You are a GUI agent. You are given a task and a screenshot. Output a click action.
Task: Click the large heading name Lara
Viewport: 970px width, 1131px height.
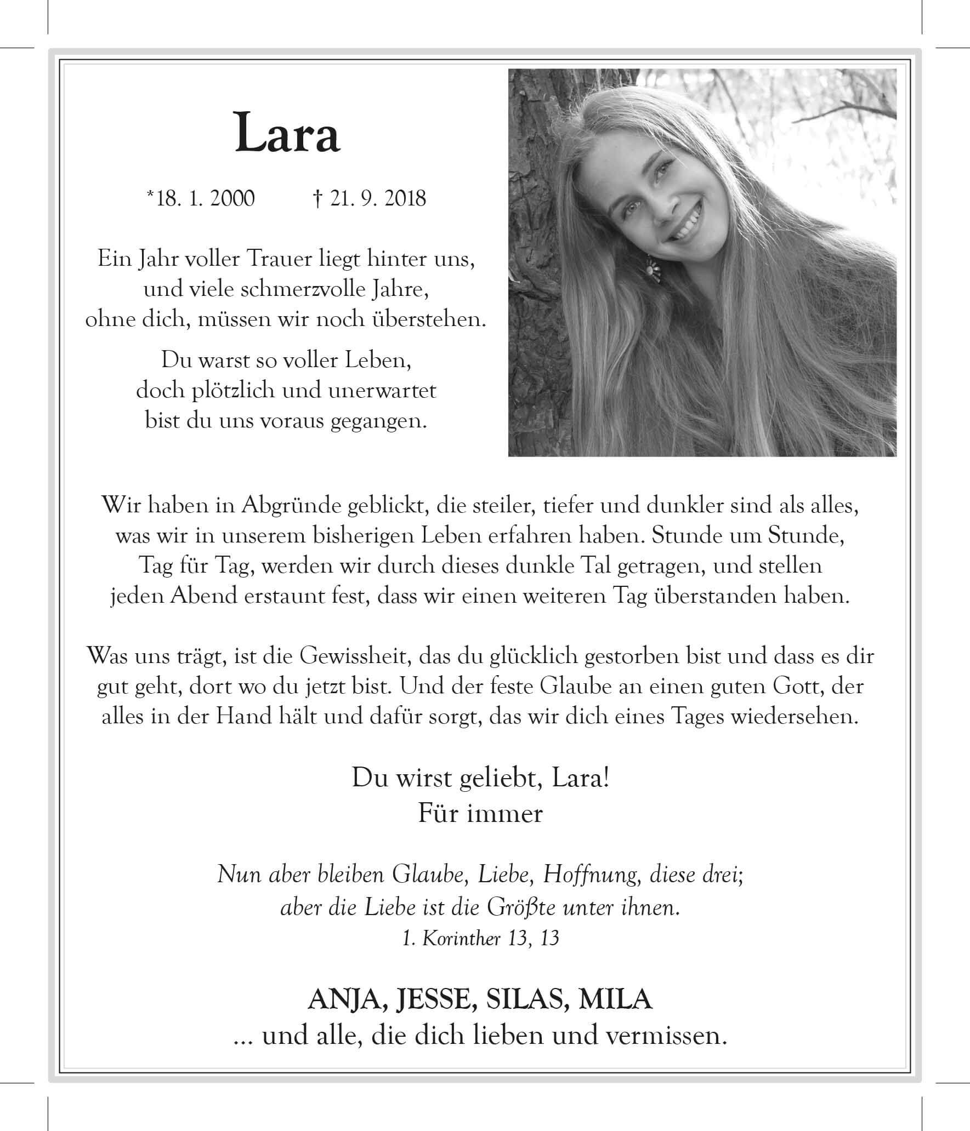[287, 133]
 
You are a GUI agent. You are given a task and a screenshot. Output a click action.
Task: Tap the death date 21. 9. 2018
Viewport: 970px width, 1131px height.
[377, 198]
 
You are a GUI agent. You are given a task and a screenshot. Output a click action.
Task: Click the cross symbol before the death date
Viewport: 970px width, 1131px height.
[317, 198]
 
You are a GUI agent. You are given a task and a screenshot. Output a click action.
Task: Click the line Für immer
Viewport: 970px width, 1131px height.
[480, 813]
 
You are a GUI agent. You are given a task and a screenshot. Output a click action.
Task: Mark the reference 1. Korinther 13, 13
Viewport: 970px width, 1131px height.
[480, 939]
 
